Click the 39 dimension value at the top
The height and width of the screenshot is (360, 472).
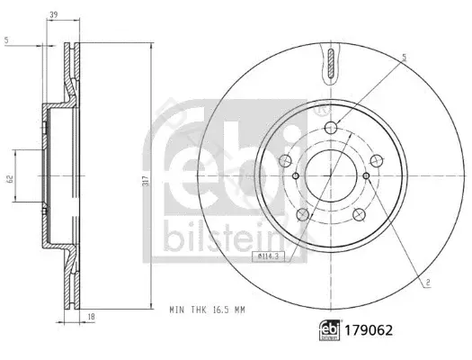pyautogui.click(x=54, y=14)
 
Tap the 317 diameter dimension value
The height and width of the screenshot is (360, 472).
pyautogui.click(x=147, y=180)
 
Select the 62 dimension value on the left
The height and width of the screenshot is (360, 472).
pyautogui.click(x=11, y=178)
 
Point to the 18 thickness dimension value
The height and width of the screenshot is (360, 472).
pyautogui.click(x=92, y=316)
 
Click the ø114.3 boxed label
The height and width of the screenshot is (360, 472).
pyautogui.click(x=268, y=256)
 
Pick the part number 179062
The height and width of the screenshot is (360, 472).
pyautogui.click(x=369, y=330)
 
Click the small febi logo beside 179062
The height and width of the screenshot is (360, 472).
pyautogui.click(x=330, y=330)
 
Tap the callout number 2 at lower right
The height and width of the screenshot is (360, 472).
pyautogui.click(x=428, y=283)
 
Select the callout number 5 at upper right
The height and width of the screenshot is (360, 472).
pyautogui.click(x=405, y=58)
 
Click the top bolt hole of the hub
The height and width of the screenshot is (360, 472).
pyautogui.click(x=331, y=128)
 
